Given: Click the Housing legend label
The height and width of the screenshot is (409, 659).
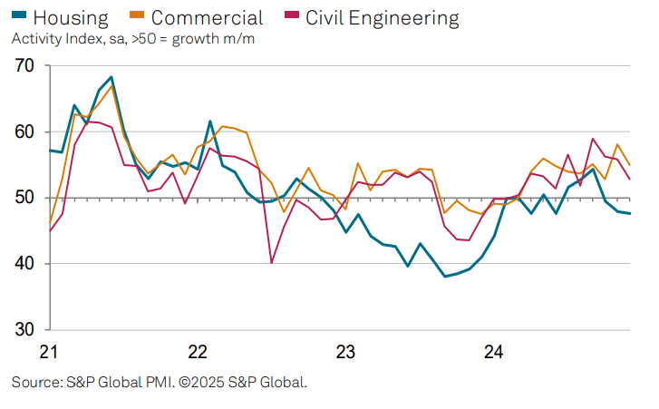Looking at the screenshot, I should [x=71, y=17].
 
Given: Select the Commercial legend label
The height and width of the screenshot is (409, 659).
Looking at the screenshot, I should [x=208, y=17].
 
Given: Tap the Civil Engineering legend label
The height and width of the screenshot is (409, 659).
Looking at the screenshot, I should [x=382, y=17].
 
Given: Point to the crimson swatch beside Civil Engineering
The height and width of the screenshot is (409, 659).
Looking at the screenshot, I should [x=289, y=17].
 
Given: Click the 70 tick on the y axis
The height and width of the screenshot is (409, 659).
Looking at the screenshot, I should [x=24, y=66].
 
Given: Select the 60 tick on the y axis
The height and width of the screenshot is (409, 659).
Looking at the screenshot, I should [x=24, y=132].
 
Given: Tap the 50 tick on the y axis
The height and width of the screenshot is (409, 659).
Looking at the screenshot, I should [x=24, y=198].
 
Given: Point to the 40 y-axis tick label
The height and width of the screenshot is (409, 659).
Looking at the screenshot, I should [x=24, y=264].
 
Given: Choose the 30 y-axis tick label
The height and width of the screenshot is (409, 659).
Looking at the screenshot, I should [x=24, y=329].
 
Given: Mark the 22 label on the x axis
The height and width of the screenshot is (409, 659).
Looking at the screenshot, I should [x=196, y=351].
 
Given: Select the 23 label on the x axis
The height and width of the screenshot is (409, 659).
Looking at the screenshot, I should [x=345, y=351].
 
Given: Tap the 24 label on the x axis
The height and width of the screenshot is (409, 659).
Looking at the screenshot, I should [x=493, y=351].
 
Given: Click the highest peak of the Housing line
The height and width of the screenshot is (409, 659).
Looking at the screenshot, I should [x=111, y=77].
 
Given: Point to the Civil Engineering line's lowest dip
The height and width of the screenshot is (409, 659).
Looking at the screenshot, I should [x=271, y=263].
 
